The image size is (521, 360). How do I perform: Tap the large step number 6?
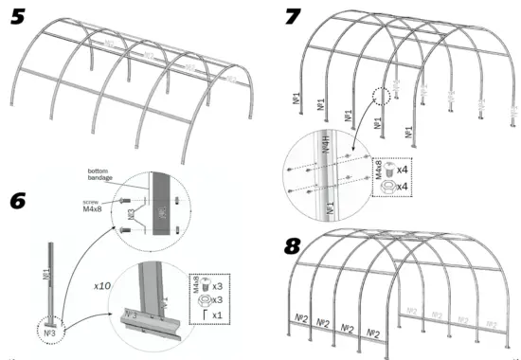[20, 202]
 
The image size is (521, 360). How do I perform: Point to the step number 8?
[296, 245]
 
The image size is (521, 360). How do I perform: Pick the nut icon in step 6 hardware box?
[207, 299]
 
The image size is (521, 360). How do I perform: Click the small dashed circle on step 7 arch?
[384, 95]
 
